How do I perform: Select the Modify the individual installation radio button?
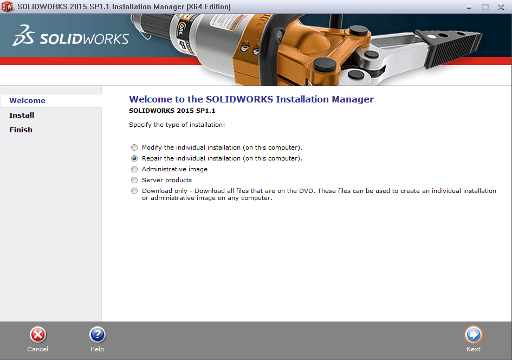point(134,147)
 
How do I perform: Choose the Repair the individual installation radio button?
point(134,158)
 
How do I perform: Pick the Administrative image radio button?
point(134,169)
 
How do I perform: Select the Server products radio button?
point(134,180)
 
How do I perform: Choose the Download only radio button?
point(134,191)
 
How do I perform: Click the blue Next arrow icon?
point(473,335)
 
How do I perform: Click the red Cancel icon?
point(38,335)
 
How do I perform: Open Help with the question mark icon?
point(97,335)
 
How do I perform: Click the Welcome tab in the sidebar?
point(28,100)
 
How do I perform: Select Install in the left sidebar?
point(22,115)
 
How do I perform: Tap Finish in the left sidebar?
point(21,130)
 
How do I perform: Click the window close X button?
point(501,7)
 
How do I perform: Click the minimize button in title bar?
point(469,7)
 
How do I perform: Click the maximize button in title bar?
point(485,7)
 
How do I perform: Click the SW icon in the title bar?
point(8,7)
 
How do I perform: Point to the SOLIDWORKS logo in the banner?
point(70,37)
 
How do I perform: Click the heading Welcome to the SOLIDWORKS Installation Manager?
point(251,99)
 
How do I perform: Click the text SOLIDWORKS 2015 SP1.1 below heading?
point(168,111)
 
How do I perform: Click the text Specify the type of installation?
point(177,125)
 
